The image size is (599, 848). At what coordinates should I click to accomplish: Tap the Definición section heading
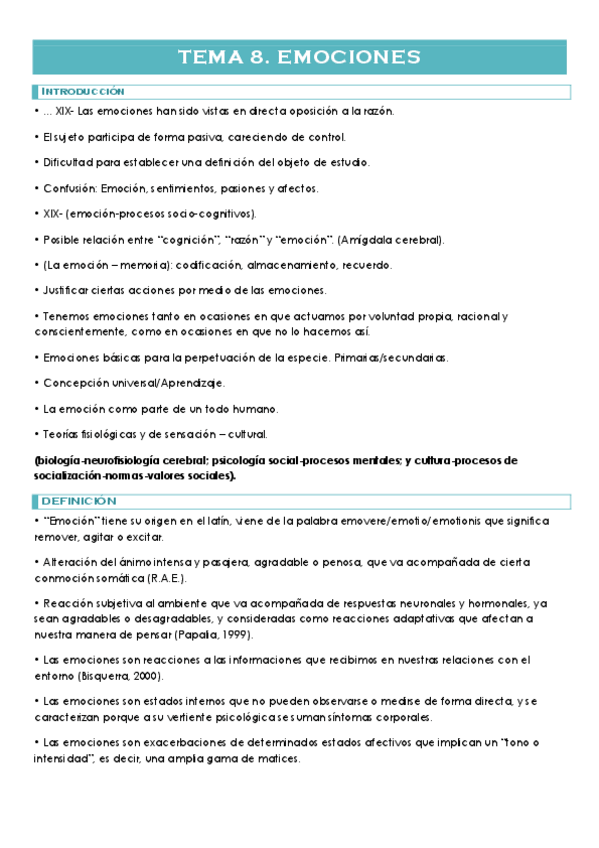[79, 500]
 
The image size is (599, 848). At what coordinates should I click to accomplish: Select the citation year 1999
[234, 634]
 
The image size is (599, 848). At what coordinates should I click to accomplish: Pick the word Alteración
[71, 563]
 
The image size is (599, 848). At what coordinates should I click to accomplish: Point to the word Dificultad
[70, 162]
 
